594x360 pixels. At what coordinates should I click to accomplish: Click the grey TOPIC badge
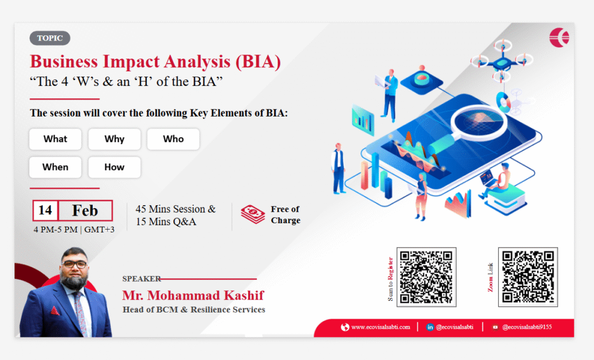50,38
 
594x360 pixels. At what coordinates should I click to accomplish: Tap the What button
55,139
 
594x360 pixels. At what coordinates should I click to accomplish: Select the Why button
114,139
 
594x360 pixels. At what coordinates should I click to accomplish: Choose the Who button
173,139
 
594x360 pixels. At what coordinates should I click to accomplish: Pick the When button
55,168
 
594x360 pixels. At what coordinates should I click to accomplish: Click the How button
114,168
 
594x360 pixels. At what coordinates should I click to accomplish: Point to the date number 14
45,210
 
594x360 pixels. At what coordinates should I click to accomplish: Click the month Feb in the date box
85,210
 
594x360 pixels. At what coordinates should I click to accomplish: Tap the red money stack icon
253,214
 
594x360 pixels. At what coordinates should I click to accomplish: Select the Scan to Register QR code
426,277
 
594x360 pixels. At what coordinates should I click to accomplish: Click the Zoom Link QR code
528,277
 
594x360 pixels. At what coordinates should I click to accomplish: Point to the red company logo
559,38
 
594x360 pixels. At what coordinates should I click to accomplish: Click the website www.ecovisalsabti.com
381,327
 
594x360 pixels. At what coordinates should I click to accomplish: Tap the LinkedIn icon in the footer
430,327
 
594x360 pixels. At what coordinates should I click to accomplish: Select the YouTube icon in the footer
495,327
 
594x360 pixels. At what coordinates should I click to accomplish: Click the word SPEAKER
142,279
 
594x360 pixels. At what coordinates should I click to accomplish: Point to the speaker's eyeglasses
75,264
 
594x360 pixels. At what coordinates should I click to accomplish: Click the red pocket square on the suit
55,311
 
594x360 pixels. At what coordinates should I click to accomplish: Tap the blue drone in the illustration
502,60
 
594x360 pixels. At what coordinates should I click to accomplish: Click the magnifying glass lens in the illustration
479,121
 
